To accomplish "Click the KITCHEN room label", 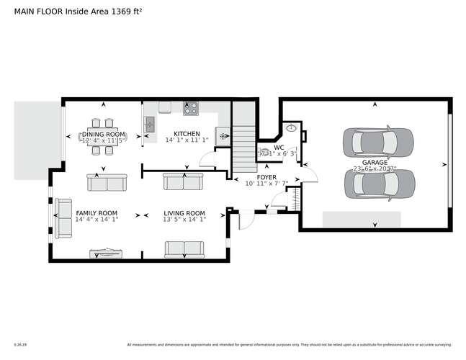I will coord(187,134).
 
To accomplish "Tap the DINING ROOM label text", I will coord(104,134).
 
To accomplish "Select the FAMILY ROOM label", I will coord(97,214).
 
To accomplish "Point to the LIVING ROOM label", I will coord(184,214).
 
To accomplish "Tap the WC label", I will coord(278,147).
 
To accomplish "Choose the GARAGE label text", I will coord(375,163).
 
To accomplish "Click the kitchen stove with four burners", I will coord(191,109).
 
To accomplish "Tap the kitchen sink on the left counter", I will coord(151,125).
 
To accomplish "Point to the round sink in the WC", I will coord(290,128).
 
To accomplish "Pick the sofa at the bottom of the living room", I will coord(185,249).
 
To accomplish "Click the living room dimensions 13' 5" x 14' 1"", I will coord(185,221).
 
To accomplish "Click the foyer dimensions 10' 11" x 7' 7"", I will coord(267,184).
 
